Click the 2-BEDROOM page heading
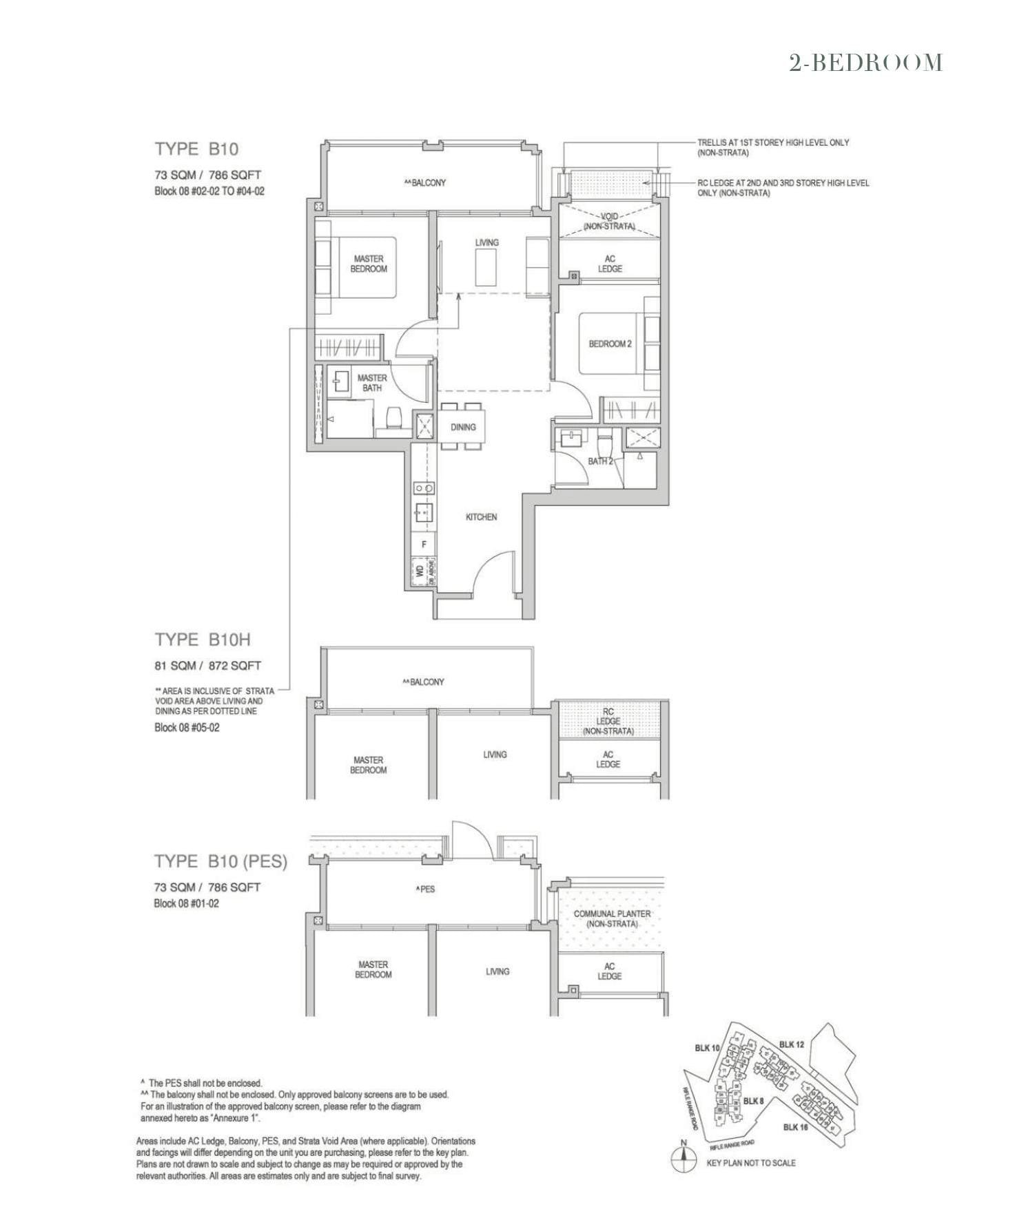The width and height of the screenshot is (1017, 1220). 865,63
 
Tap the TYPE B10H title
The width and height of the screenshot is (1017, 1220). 202,640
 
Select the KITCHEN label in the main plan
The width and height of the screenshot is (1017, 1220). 481,517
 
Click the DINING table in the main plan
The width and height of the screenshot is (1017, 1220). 462,427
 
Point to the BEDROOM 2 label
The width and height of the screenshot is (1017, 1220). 610,344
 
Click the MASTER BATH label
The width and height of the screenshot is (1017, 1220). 372,383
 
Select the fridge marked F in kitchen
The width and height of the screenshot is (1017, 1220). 424,544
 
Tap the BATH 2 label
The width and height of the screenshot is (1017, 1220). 600,461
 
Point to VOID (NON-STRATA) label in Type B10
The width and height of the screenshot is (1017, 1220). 609,221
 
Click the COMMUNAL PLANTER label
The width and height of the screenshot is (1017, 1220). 612,918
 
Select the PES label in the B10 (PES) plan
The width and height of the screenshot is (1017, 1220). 426,889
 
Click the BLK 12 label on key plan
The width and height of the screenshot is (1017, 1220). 792,1044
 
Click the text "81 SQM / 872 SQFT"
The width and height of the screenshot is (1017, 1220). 207,666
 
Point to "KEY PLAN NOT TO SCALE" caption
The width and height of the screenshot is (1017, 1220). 751,1163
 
